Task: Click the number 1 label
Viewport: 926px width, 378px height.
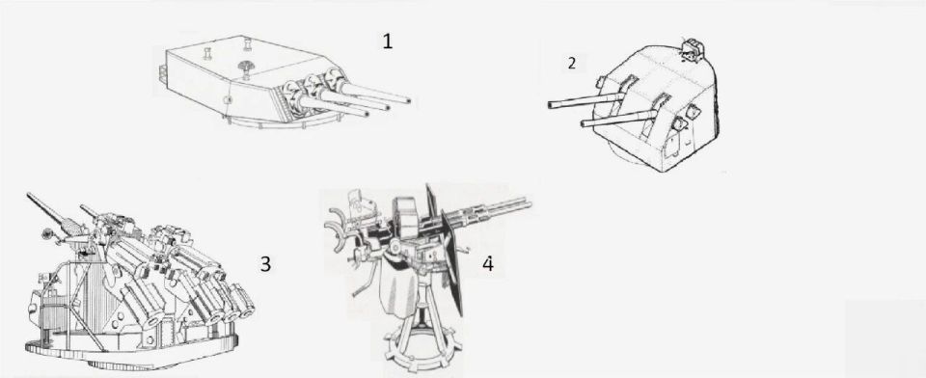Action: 388,41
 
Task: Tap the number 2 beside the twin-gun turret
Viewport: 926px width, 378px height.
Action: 571,64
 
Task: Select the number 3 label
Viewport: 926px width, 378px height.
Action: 266,264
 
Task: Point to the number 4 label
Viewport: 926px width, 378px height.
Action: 488,264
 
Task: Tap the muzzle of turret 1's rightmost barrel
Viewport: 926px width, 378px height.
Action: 407,98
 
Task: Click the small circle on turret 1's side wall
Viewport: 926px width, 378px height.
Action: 228,99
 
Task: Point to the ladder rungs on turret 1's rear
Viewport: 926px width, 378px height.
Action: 161,72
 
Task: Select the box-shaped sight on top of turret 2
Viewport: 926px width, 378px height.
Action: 690,48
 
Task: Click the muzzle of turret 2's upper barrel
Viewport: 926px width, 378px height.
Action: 552,104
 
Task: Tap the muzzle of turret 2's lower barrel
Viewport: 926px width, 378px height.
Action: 585,123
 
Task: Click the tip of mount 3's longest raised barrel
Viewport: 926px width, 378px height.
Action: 28,195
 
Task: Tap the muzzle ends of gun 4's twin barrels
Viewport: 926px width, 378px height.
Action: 527,202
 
